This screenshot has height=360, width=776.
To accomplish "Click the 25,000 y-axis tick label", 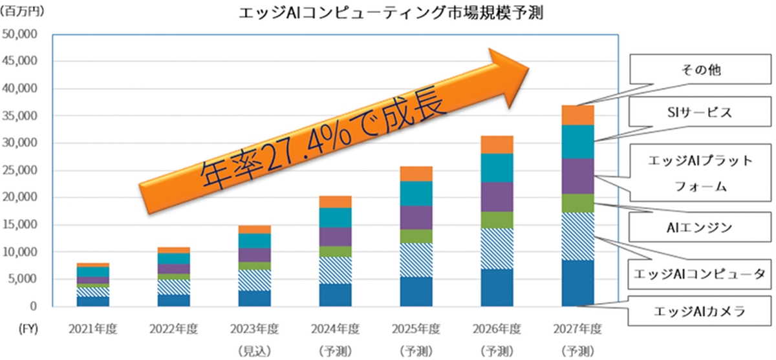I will point(21,170).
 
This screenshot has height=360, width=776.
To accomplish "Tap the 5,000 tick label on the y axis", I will point(24,279).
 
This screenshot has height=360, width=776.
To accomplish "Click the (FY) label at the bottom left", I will point(25,328).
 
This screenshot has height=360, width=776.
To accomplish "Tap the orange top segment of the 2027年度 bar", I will point(577,115).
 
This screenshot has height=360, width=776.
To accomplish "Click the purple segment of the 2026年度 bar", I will point(497,196).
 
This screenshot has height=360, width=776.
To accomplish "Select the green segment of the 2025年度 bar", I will point(416,236).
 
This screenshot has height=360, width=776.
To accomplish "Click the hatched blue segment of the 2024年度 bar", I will point(335,270).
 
